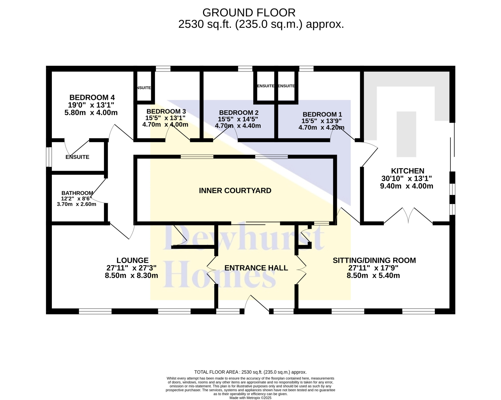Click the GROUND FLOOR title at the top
click(249, 13)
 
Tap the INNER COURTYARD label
click(235, 191)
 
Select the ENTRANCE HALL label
click(256, 268)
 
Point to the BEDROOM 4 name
click(92, 97)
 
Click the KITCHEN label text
click(408, 171)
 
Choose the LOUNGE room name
click(133, 260)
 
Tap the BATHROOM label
click(77, 193)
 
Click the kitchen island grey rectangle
click(406, 134)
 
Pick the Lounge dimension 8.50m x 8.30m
click(132, 276)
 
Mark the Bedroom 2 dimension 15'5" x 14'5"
click(238, 119)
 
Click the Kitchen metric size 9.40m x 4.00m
click(407, 186)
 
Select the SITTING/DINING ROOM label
click(374, 260)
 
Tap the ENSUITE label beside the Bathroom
click(77, 157)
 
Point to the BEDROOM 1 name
click(322, 114)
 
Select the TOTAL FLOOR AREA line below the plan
click(250, 372)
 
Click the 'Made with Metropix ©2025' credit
click(250, 398)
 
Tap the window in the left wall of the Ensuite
click(49, 157)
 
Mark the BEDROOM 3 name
click(166, 111)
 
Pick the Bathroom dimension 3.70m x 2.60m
click(76, 204)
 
